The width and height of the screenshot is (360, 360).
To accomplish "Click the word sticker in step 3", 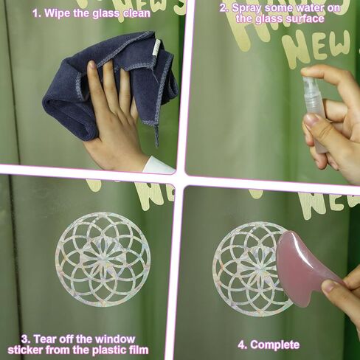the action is [x=25, y=350].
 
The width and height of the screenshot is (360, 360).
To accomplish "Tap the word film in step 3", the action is [x=139, y=350].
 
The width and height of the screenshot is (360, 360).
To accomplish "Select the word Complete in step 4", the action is [x=274, y=345].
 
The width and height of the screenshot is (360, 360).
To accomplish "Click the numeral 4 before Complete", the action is [x=242, y=345].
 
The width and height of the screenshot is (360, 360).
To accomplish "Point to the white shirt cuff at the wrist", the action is [x=159, y=164].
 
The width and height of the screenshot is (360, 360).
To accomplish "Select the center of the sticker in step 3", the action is [x=103, y=260].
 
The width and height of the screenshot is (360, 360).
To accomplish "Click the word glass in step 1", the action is [x=107, y=13].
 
